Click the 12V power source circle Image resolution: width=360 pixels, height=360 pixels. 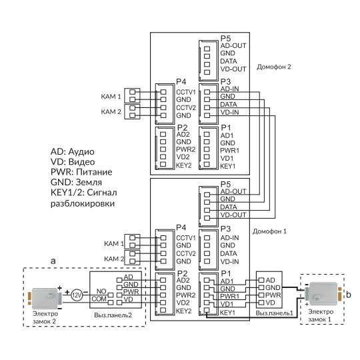click(77, 295)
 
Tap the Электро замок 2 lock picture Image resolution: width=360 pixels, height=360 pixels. click(45, 298)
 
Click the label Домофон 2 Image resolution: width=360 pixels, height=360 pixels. click(274, 67)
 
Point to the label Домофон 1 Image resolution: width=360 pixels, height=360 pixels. click(269, 231)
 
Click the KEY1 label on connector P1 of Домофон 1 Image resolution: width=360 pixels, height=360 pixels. click(227, 313)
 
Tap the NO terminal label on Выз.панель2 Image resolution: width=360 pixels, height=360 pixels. click(101, 291)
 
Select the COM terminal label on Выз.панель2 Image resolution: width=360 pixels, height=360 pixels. click(99, 299)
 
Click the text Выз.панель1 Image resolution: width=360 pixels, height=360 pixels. click(275, 313)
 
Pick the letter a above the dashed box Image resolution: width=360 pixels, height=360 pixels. click(53, 261)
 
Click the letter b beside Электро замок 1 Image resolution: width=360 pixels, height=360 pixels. click(348, 295)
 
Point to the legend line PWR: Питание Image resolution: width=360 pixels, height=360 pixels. click(81, 172)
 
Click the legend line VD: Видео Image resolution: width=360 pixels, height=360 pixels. click(73, 162)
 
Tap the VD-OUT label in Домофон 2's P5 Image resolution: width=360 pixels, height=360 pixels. click(233, 69)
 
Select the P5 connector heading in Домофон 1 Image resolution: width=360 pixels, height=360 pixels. click(225, 184)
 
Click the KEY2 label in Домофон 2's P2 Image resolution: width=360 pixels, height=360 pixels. click(184, 165)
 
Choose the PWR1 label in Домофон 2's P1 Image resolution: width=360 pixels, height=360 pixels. click(229, 151)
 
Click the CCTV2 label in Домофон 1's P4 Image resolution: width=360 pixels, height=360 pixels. click(186, 253)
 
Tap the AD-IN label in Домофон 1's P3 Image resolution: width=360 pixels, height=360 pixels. click(229, 238)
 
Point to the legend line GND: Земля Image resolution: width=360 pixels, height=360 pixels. click(76, 182)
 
